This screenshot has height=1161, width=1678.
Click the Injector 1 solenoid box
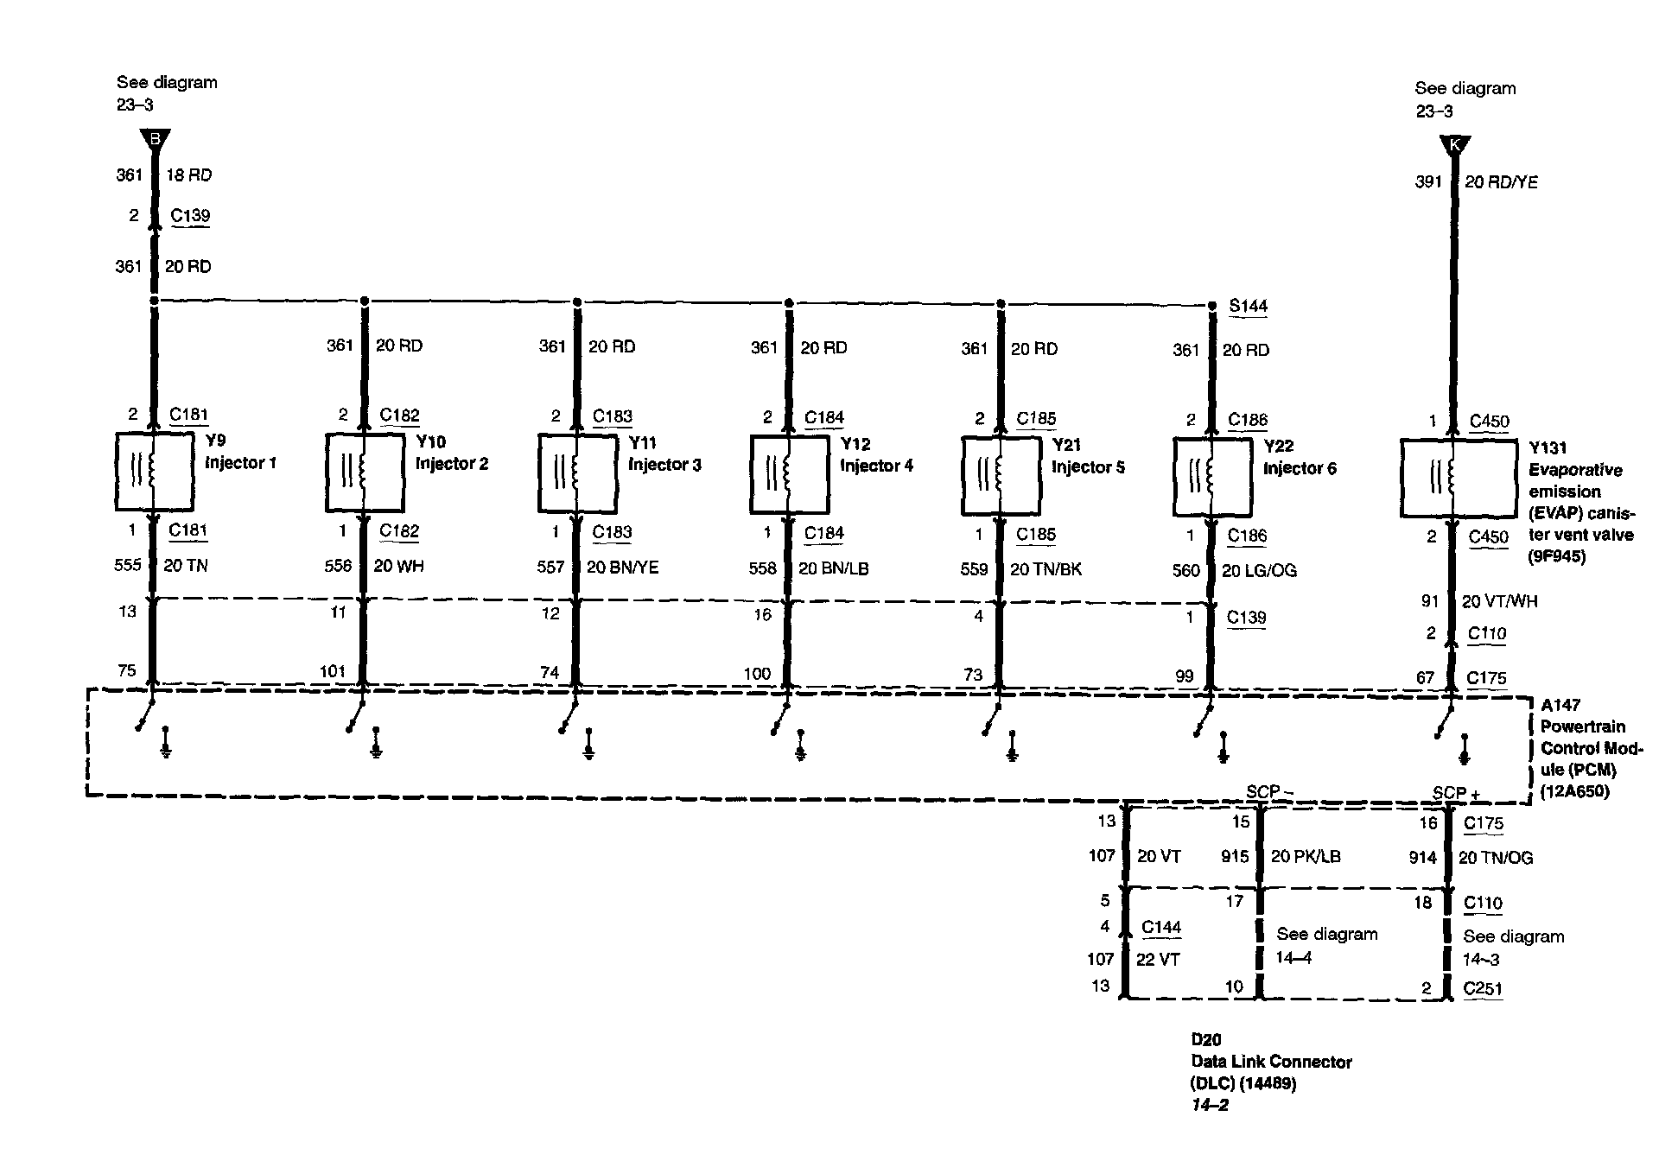point(154,471)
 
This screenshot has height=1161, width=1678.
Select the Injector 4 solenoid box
point(789,474)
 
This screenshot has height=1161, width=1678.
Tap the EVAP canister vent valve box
point(1458,478)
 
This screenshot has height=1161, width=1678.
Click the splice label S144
point(1248,306)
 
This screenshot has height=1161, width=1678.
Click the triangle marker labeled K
point(1454,145)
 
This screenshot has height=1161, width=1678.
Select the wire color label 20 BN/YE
point(622,568)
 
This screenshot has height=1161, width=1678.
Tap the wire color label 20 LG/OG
point(1259,571)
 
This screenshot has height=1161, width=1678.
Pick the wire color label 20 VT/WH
point(1499,601)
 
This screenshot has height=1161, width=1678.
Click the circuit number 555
point(128,565)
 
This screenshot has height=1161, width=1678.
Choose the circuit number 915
point(1235,856)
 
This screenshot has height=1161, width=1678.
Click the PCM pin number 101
point(333,671)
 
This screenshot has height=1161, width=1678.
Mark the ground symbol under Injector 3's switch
point(588,745)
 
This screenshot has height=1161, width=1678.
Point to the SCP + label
point(1456,793)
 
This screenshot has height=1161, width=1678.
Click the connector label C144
point(1160,927)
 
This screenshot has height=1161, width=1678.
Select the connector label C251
point(1483,988)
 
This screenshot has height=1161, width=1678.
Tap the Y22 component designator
point(1278,447)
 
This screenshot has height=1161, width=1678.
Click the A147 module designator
point(1560,705)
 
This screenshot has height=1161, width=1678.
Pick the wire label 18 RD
point(188,175)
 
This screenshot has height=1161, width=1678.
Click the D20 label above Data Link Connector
point(1205,1040)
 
